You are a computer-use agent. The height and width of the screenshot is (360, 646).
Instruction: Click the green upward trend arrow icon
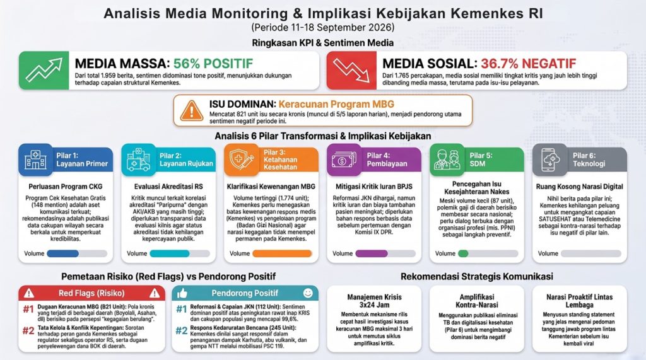[x=44, y=70]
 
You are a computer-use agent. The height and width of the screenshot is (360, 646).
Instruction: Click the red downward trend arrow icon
[x=351, y=70]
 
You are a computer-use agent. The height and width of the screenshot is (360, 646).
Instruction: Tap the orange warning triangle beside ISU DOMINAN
[x=192, y=110]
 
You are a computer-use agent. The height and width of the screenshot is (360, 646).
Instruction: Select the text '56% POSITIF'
[x=213, y=64]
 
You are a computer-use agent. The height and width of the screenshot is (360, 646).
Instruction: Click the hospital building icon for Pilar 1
[x=35, y=160]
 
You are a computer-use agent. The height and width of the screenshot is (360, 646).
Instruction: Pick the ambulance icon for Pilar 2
[x=138, y=160]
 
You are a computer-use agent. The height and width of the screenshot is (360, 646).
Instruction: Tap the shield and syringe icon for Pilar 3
[x=242, y=160]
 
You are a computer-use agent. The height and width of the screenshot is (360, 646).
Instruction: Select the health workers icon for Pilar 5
[x=447, y=160]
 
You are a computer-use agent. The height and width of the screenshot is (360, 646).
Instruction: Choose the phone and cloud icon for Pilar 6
[x=550, y=160]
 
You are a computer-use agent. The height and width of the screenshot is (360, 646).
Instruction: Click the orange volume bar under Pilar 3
[x=282, y=253]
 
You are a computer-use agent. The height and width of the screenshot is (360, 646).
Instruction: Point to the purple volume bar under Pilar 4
[x=371, y=253]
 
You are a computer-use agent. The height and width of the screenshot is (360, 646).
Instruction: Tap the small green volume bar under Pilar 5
[x=463, y=253]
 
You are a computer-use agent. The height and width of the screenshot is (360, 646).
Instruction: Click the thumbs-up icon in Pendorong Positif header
[x=182, y=293]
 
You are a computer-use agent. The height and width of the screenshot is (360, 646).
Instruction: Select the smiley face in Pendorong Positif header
[x=308, y=293]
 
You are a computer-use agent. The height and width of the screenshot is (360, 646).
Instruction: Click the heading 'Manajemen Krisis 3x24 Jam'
[x=374, y=301]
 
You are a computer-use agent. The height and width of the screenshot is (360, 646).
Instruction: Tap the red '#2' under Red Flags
[x=28, y=330]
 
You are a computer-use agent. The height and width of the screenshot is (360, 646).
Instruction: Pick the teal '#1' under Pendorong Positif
[x=182, y=309]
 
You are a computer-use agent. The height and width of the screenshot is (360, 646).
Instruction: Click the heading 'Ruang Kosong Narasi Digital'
[x=579, y=187]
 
